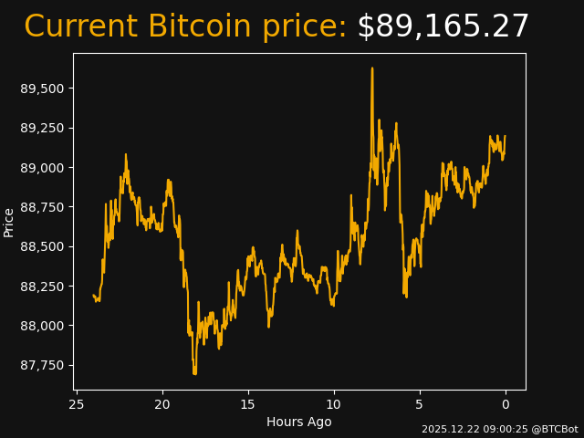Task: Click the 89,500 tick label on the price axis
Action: [x=43, y=89]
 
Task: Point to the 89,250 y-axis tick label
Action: [x=43, y=128]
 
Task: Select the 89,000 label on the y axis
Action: [x=43, y=168]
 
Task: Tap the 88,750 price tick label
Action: [x=43, y=207]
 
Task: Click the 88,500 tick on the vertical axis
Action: [x=43, y=246]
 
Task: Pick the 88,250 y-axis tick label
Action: [x=43, y=287]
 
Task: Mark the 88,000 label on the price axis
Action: [x=43, y=326]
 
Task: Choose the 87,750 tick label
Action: [x=43, y=365]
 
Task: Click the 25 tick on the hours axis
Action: [x=77, y=404]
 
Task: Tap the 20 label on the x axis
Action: [x=162, y=404]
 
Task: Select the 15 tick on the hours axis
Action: [x=248, y=404]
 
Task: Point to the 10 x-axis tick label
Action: [x=334, y=404]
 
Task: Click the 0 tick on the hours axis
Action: [x=506, y=404]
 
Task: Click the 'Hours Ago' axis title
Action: [x=299, y=422]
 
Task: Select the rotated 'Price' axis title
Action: [x=9, y=222]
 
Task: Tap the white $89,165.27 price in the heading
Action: [x=443, y=27]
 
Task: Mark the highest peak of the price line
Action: [x=372, y=68]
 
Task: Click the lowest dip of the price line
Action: [x=194, y=373]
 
